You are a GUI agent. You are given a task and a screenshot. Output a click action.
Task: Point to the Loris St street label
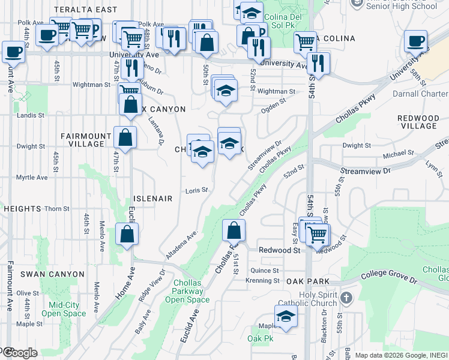point(196,190)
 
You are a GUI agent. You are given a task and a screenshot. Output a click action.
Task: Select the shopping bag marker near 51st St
point(234,230)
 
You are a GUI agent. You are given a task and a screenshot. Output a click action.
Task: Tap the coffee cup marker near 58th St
point(415,41)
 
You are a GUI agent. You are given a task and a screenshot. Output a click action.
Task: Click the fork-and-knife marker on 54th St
point(318,63)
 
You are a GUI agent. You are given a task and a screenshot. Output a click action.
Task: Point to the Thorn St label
point(57,209)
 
